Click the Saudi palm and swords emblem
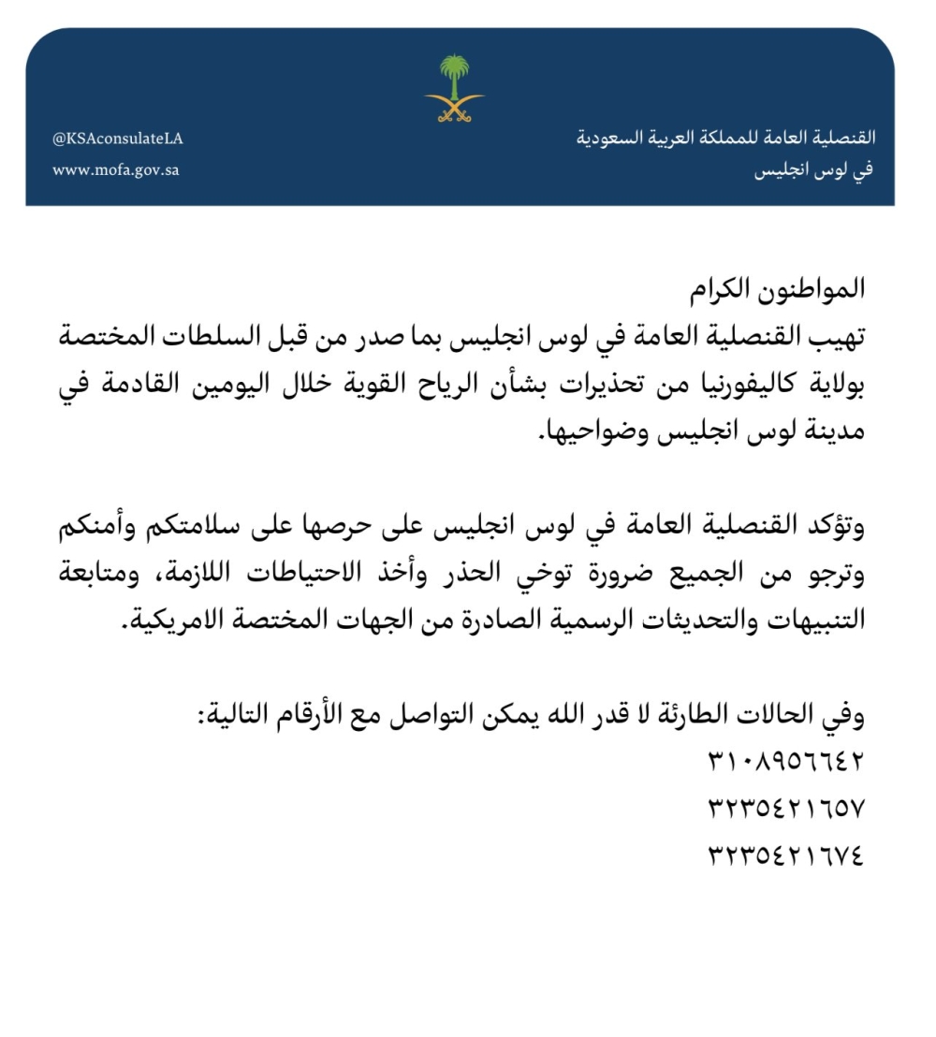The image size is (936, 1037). [x=454, y=89]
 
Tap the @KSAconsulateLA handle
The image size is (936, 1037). [x=117, y=139]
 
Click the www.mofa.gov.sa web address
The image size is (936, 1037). [x=116, y=170]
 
